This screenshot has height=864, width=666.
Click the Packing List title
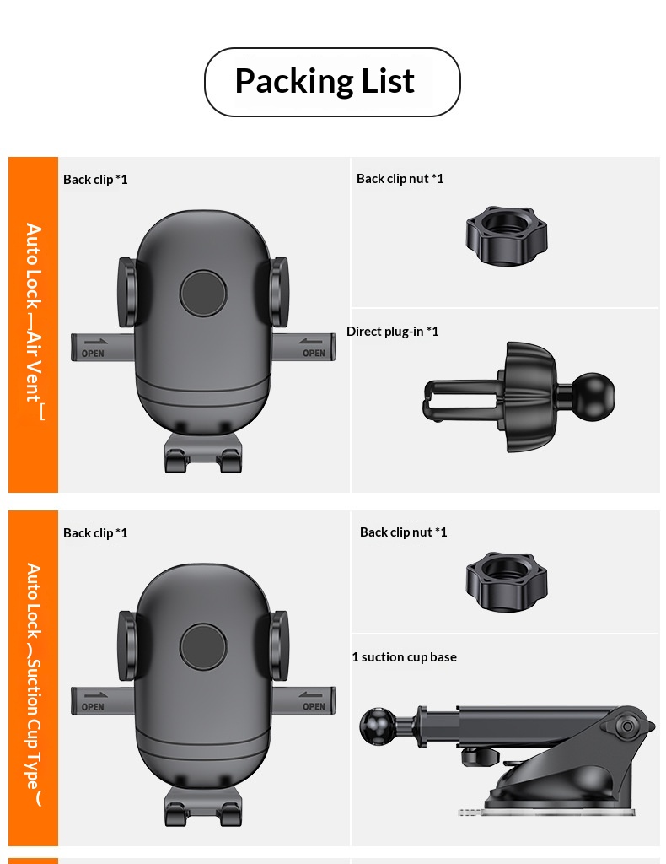pyautogui.click(x=325, y=82)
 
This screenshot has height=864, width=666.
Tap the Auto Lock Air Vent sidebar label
pyautogui.click(x=34, y=322)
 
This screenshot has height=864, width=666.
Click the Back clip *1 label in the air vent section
pyautogui.click(x=95, y=179)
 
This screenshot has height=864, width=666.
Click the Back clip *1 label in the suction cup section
pyautogui.click(x=95, y=532)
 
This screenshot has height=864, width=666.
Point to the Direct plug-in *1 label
pyautogui.click(x=393, y=331)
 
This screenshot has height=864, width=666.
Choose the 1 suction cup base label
pyautogui.click(x=404, y=656)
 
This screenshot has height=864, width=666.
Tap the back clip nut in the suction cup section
pyautogui.click(x=506, y=581)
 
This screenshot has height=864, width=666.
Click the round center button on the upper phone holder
pyautogui.click(x=203, y=294)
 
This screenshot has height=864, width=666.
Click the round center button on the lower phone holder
pyautogui.click(x=203, y=647)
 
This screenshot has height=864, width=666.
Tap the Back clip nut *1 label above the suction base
pyautogui.click(x=403, y=532)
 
